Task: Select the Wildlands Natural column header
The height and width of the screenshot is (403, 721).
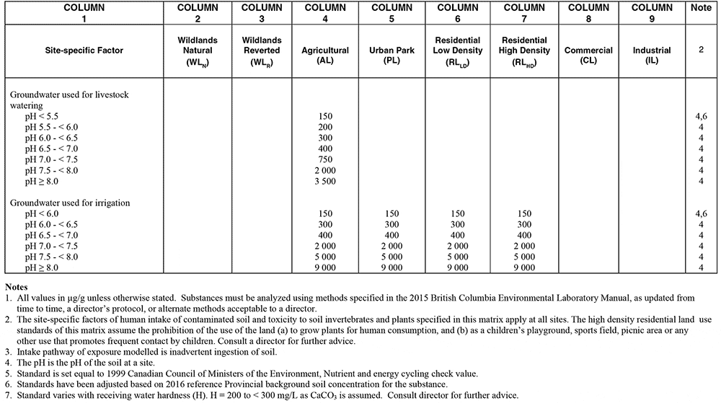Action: click(197, 51)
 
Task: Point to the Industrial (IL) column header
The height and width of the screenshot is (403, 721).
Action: click(651, 51)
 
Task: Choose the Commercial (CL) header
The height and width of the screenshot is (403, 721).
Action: click(588, 51)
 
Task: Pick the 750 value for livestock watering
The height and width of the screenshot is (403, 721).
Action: click(325, 159)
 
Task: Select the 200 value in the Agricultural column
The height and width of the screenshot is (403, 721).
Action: click(325, 126)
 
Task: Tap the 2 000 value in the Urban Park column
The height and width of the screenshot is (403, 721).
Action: click(392, 246)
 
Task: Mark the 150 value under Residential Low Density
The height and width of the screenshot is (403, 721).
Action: click(458, 213)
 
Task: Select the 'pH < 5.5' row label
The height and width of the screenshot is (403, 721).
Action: click(43, 115)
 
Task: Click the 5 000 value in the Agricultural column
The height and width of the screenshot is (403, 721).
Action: click(325, 257)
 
